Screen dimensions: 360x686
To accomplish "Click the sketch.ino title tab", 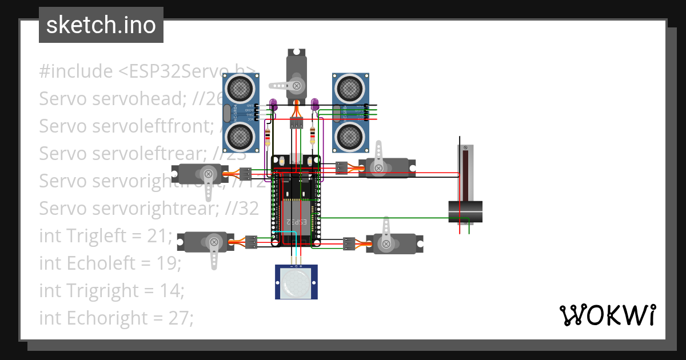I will pyautogui.click(x=101, y=25).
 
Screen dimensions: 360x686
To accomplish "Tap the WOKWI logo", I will pyautogui.click(x=607, y=315).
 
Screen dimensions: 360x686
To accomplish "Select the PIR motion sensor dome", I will pyautogui.click(x=296, y=282).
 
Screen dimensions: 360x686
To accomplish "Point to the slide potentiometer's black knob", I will pyautogui.click(x=465, y=212).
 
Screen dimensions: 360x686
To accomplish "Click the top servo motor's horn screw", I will pyautogui.click(x=297, y=86).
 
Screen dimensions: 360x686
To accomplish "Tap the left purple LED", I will pyautogui.click(x=273, y=104).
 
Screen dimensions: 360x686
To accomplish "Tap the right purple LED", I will pyautogui.click(x=314, y=104).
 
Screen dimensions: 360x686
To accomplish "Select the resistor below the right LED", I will pyautogui.click(x=312, y=136).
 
